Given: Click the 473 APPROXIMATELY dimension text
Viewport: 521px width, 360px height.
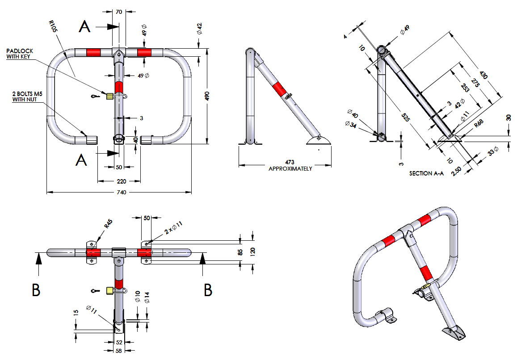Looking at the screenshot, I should pos(290,165).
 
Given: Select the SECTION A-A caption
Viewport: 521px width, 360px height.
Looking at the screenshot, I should pos(426,173).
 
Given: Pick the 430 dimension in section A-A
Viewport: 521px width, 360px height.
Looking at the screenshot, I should pos(483,75).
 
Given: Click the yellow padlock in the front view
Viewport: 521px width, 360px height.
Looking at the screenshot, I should pos(109,96).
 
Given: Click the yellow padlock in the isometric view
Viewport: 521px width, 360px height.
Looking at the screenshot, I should pos(426,284).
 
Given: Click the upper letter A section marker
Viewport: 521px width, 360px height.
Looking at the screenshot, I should pos(84,27).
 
